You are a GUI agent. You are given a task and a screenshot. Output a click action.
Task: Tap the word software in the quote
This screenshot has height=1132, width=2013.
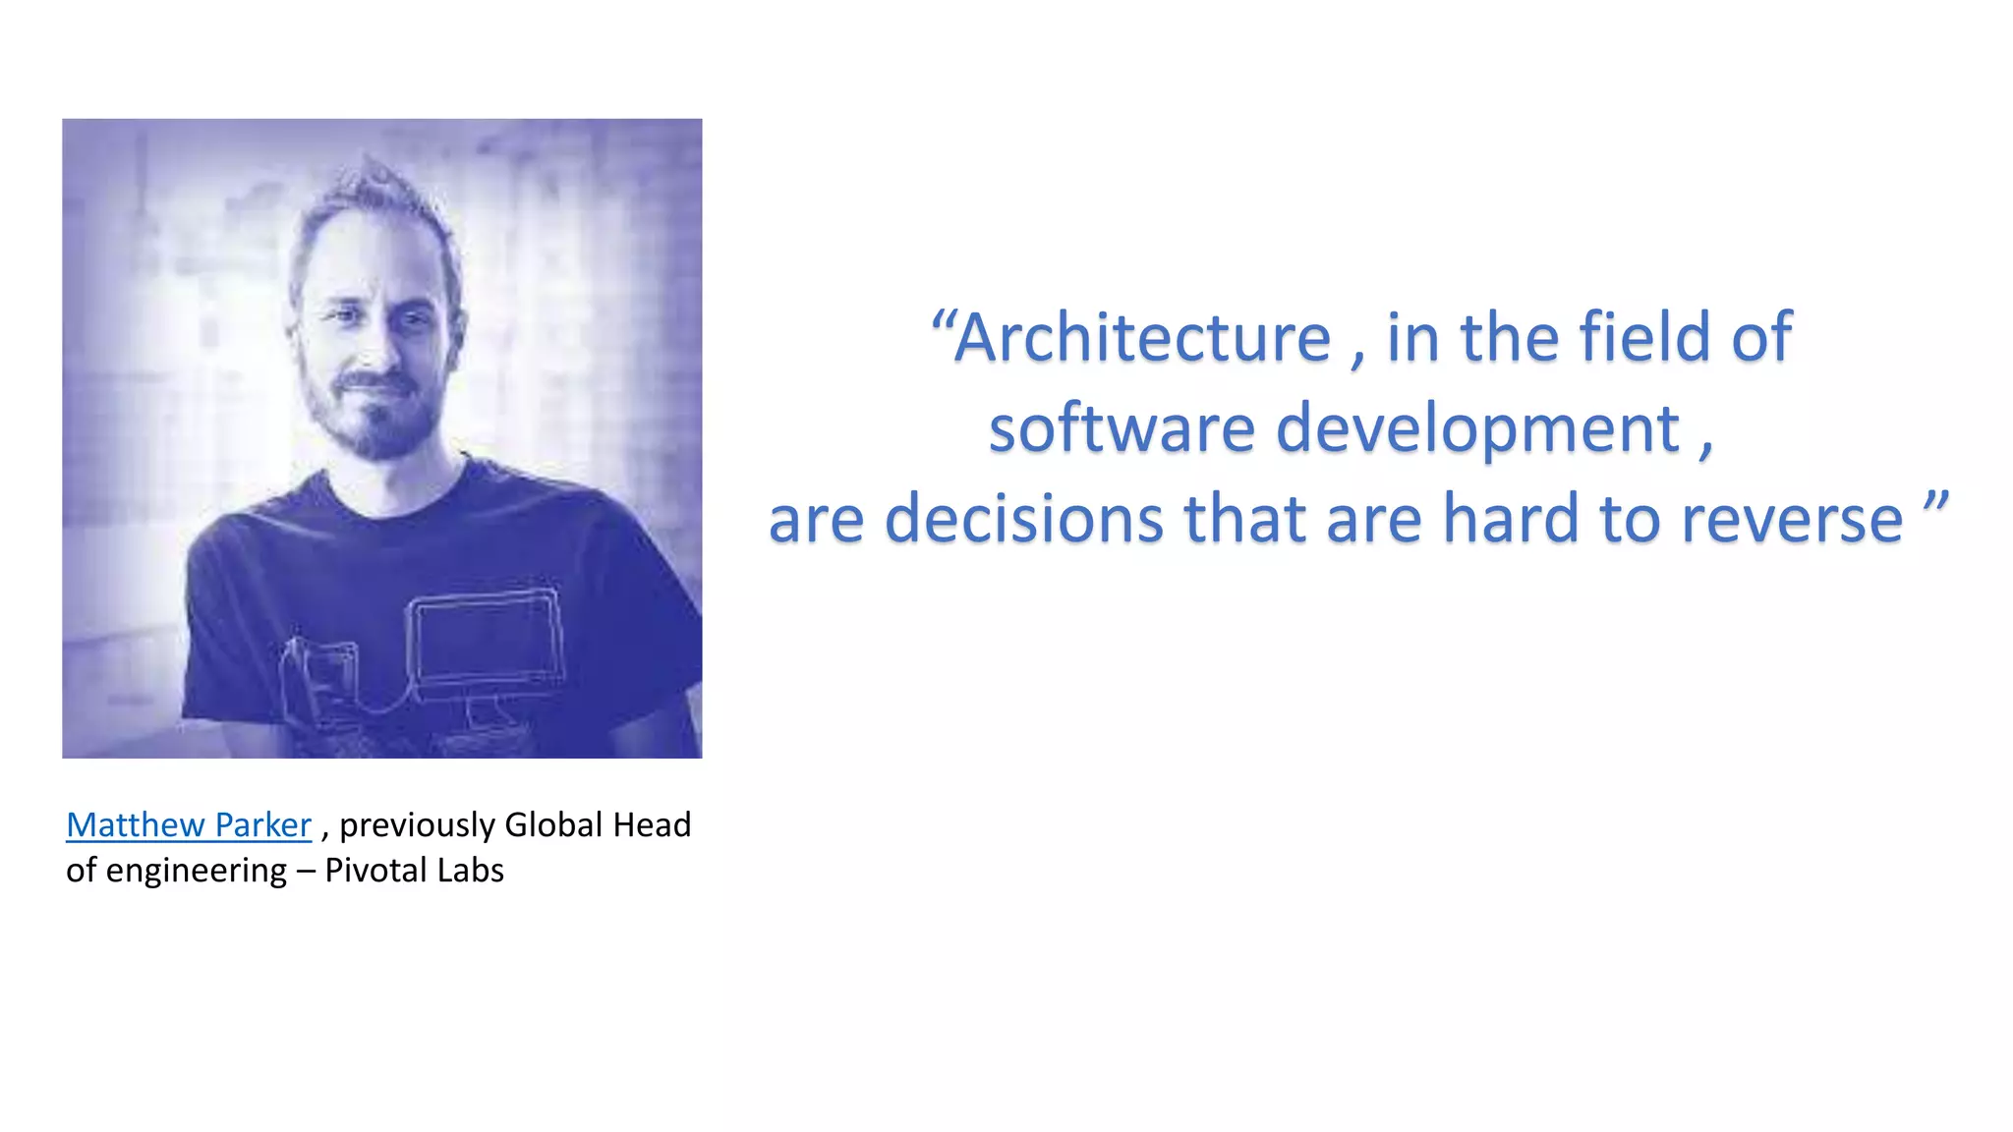pyautogui.click(x=1122, y=429)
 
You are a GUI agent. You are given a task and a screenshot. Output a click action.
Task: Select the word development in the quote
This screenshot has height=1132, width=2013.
pyautogui.click(x=1477, y=429)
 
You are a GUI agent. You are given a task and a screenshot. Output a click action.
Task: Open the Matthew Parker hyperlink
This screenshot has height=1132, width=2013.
pyautogui.click(x=189, y=824)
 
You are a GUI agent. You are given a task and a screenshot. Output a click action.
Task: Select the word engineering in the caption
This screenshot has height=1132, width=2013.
pyautogui.click(x=197, y=871)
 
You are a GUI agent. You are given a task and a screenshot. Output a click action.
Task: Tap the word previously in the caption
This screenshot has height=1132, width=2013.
pyautogui.click(x=417, y=825)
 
